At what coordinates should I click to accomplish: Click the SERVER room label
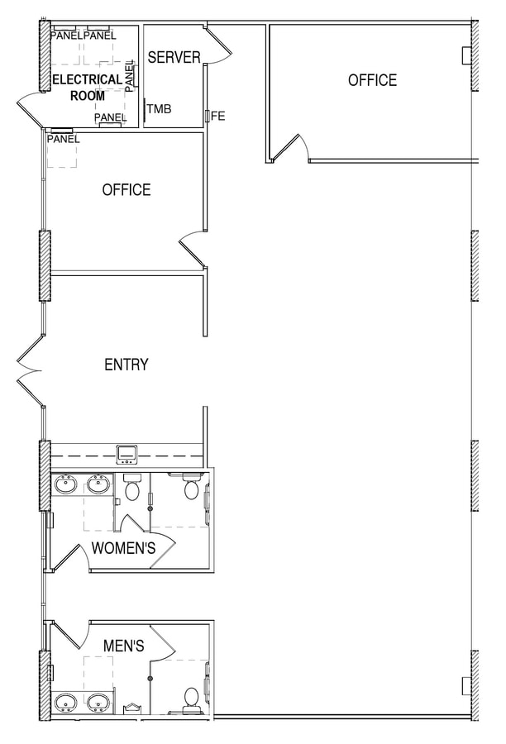coord(174,57)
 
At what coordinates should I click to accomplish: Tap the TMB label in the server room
coord(160,108)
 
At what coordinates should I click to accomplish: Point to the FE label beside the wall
coord(218,117)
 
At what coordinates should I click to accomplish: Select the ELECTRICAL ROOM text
coord(88,88)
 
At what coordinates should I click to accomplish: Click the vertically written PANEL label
coord(130,75)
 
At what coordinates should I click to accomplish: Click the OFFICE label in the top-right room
coord(372,80)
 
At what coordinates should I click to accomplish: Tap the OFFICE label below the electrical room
coord(126,190)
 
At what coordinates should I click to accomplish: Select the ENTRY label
coord(126,365)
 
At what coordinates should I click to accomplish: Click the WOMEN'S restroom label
coord(124,548)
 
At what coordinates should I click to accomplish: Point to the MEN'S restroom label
coord(124,645)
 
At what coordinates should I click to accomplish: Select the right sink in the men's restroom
coord(99,703)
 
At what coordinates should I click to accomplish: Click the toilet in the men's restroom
coord(191,699)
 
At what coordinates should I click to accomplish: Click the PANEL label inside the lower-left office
coord(64,139)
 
